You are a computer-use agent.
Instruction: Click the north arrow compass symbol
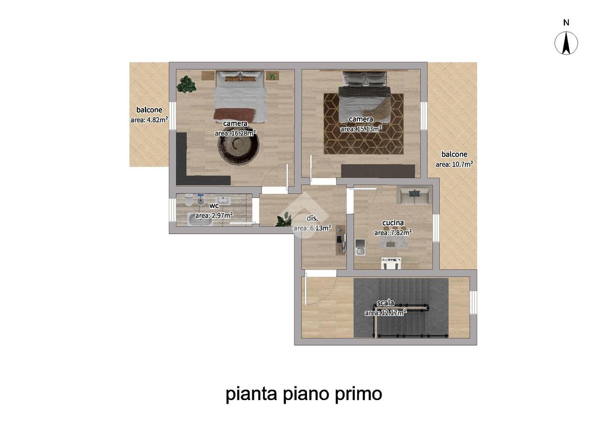(566, 43)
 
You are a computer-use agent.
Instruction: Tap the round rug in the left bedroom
(238, 146)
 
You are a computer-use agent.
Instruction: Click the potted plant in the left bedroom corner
(186, 84)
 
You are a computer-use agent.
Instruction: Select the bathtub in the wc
(200, 219)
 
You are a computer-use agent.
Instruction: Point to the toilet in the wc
(189, 200)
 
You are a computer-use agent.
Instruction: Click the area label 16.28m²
(235, 133)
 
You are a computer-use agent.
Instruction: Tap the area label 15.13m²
(361, 128)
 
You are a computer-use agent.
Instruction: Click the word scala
(386, 303)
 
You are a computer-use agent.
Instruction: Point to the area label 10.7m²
(454, 164)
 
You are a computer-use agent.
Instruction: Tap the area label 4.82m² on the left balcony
(149, 119)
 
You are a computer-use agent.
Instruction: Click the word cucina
(393, 223)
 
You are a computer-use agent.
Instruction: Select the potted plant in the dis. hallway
(283, 219)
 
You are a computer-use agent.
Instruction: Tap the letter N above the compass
(566, 23)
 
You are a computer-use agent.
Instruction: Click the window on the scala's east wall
(473, 302)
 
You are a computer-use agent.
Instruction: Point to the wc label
(214, 206)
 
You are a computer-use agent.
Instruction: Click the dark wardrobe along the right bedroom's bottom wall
(378, 171)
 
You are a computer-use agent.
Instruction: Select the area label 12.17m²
(386, 313)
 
